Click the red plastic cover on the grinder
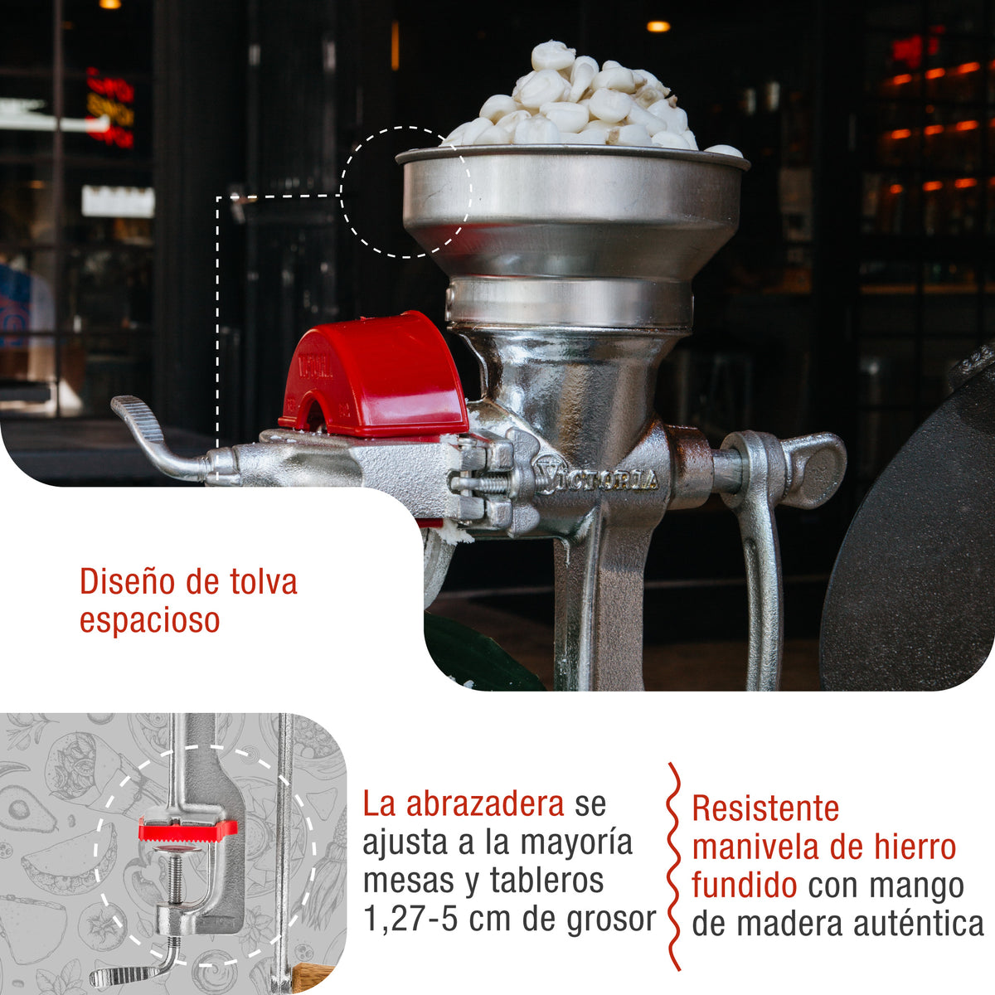point(377,377)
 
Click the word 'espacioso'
point(149,620)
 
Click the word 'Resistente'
point(765,808)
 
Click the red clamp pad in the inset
point(187,828)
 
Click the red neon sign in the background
point(110,108)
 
